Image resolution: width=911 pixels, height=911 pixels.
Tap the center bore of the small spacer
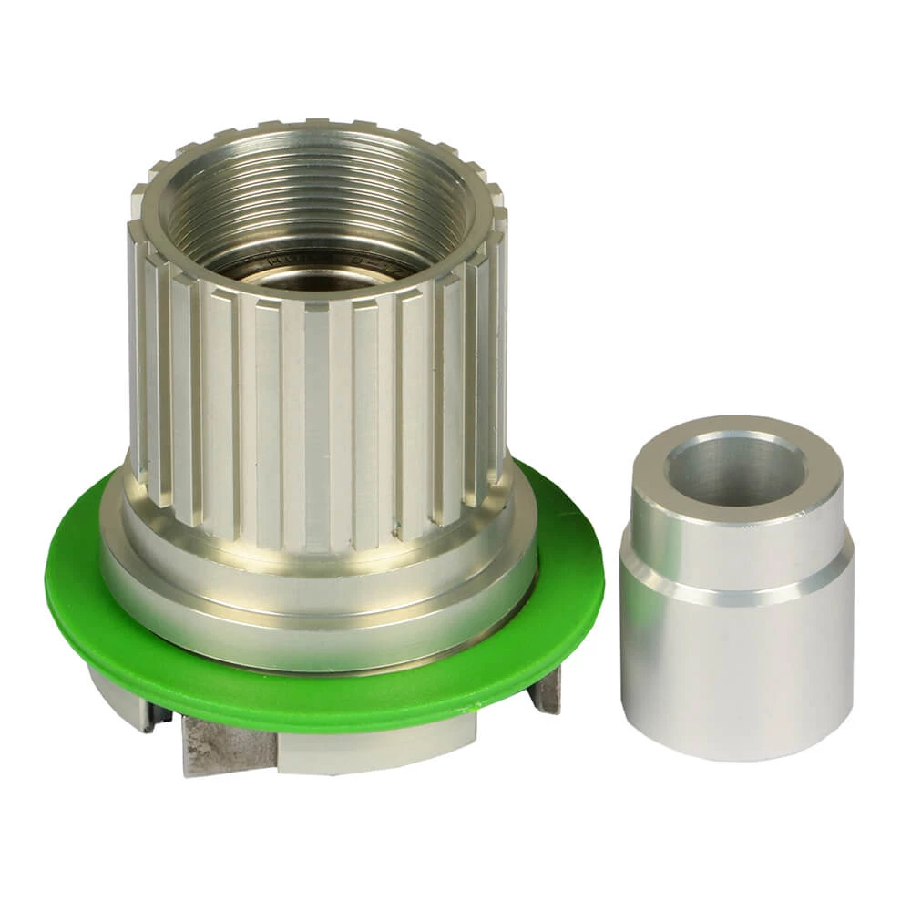[736, 469]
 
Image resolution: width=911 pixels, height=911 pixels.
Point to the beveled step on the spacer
[736, 583]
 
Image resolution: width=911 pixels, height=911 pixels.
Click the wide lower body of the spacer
[736, 674]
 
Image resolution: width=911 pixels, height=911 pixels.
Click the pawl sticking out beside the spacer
[547, 692]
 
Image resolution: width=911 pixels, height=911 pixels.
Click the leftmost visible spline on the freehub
[138, 364]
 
